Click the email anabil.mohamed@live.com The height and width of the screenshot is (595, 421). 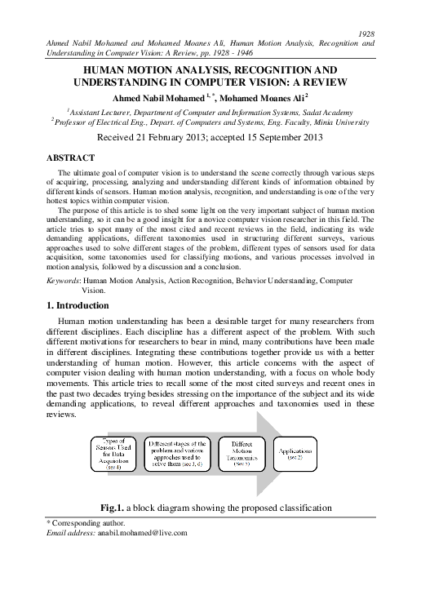click(x=140, y=532)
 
